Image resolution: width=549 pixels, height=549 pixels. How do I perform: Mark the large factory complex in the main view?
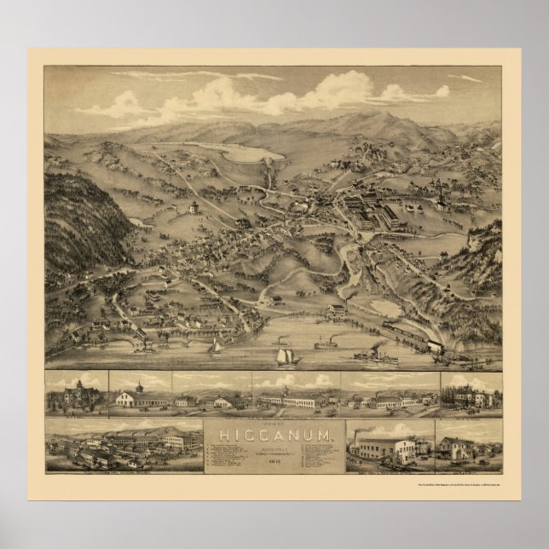pyautogui.click(x=376, y=213)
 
